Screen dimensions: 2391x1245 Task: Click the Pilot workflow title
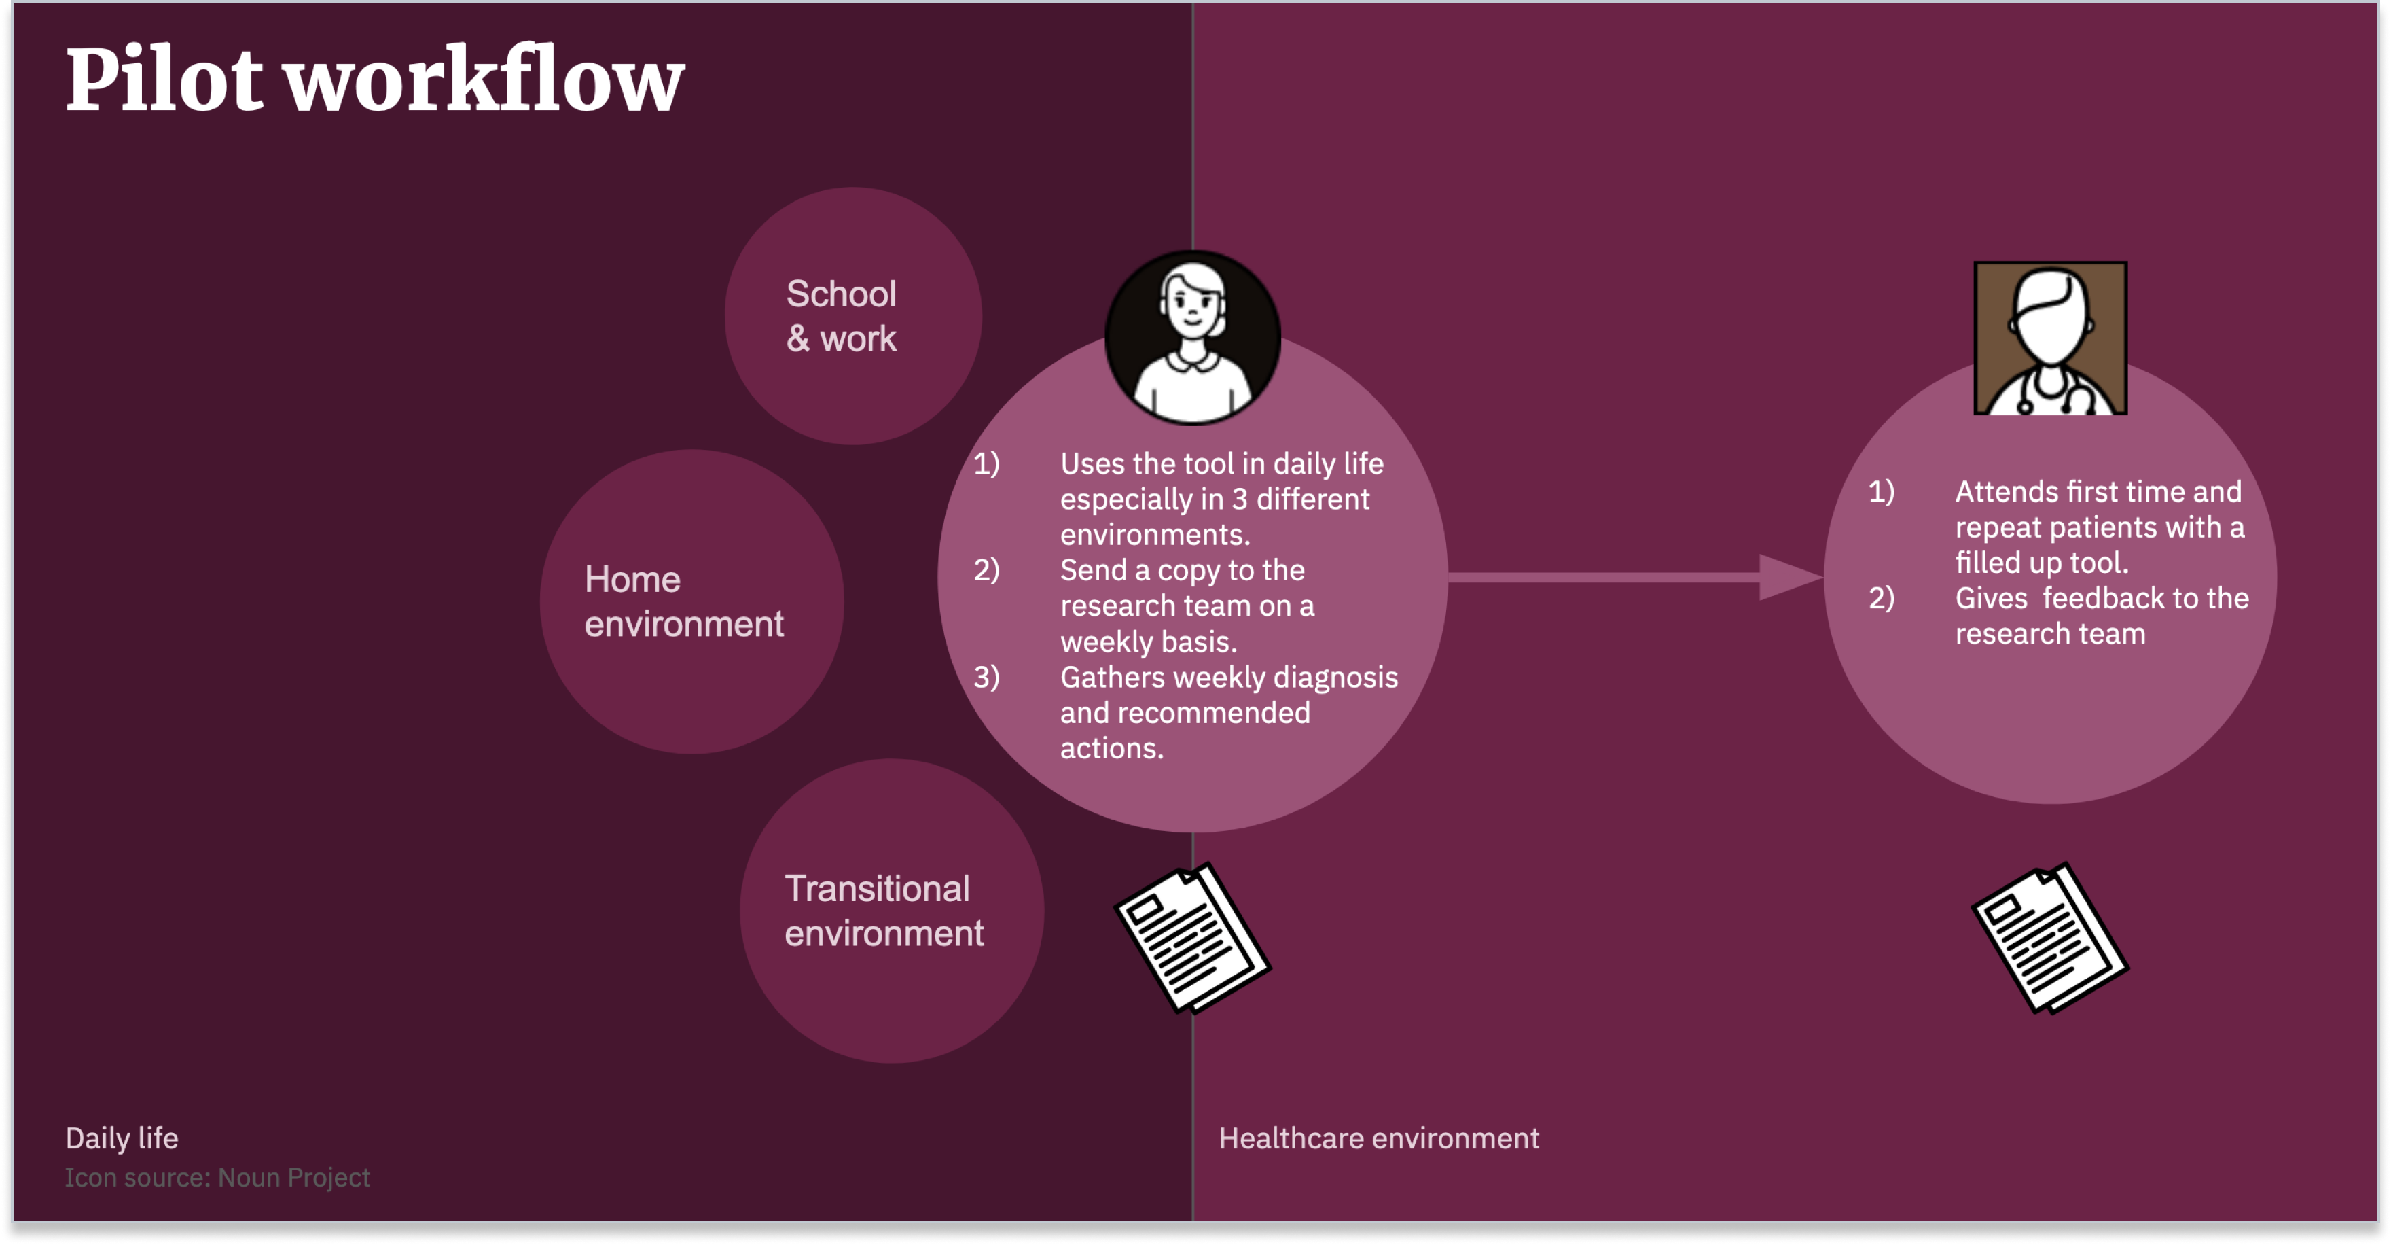[x=375, y=81]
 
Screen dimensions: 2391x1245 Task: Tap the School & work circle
[x=853, y=315]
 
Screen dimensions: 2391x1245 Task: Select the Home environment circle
[x=691, y=601]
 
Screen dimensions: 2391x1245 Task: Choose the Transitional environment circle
[x=892, y=911]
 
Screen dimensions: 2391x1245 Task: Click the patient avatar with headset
[x=1193, y=338]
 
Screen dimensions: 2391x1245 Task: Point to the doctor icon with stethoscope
[x=2051, y=338]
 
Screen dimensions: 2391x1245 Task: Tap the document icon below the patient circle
[x=1193, y=938]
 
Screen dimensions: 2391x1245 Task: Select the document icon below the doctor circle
[x=2051, y=938]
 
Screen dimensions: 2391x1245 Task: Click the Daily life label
[x=122, y=1138]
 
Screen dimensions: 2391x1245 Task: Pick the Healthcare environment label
[x=1378, y=1138]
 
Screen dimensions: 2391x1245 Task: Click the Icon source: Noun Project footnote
[x=217, y=1177]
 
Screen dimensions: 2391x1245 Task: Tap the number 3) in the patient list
[x=986, y=677]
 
